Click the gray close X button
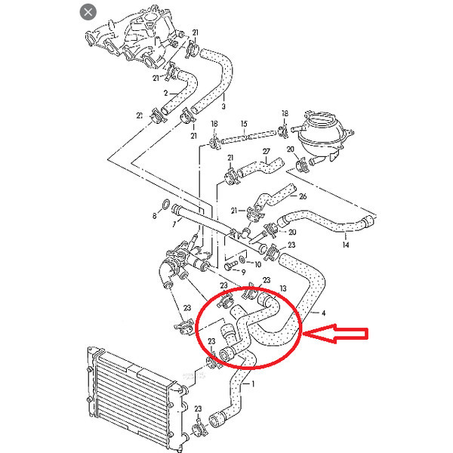pos(88,12)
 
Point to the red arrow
pos(335,334)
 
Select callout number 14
pos(346,245)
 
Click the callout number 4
pos(324,313)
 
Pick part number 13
pos(283,288)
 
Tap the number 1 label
pos(253,384)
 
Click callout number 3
pos(223,106)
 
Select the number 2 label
pos(165,93)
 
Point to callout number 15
pos(244,124)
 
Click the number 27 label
pos(266,151)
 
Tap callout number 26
pos(303,196)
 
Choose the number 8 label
pos(155,216)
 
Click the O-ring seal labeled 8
pos(166,205)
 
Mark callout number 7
pos(174,224)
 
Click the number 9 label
pos(243,272)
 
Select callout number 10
pos(257,264)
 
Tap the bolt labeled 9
pos(230,265)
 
